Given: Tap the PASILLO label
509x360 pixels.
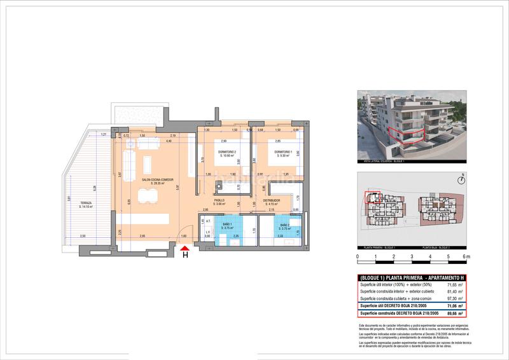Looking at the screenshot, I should click(218, 201).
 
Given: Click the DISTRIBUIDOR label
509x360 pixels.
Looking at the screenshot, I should click(274, 201).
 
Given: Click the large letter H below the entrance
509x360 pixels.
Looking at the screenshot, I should click(185, 256).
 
